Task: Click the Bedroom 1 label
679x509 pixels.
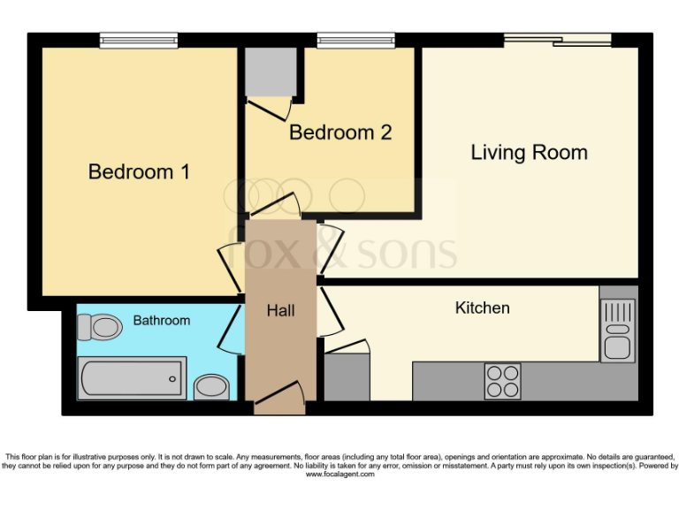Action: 139,171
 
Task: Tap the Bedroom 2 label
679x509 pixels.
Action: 340,133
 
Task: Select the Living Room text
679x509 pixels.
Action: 529,153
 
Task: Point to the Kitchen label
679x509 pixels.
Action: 482,308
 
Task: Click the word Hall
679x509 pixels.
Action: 280,311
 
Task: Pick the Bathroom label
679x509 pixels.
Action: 161,320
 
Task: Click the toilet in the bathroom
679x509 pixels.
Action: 98,328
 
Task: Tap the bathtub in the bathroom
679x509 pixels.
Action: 133,378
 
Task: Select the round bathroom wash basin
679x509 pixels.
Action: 210,386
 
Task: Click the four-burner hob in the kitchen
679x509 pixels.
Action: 502,381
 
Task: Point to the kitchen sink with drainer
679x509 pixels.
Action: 617,330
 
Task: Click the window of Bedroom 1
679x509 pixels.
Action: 138,39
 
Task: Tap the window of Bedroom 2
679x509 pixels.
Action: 355,39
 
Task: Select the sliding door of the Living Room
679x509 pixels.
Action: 557,39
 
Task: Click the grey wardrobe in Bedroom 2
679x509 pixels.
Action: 270,72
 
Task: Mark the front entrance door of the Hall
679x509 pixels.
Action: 280,402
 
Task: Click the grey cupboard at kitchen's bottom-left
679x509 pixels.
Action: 347,378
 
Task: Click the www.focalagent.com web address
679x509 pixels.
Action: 339,475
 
